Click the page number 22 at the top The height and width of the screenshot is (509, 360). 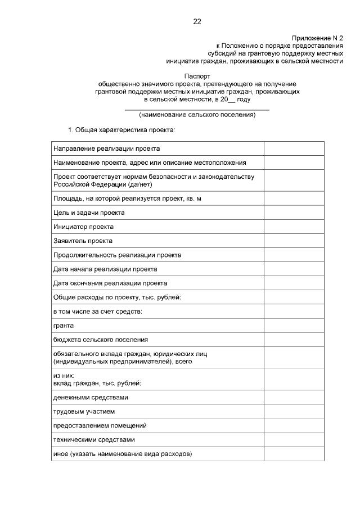coord(197,22)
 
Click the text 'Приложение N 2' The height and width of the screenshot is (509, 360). coord(317,35)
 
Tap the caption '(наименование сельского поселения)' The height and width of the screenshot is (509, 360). coord(197,115)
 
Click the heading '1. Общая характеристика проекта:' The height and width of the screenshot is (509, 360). coord(122,130)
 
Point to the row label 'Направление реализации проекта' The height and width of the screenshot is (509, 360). coord(106,148)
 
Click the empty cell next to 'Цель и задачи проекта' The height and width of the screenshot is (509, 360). coord(294,213)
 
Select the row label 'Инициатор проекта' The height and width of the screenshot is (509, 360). coord(83,227)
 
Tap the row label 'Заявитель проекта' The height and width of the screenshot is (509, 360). coord(83,241)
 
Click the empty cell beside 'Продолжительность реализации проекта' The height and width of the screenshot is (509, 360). coord(294,255)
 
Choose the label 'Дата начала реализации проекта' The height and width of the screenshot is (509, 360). coord(105,269)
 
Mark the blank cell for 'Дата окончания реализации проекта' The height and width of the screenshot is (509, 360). coord(294,283)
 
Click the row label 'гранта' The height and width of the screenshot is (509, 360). coord(64,325)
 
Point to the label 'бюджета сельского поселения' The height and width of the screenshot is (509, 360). coord(101,339)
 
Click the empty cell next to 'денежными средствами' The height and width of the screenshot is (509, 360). coord(294,397)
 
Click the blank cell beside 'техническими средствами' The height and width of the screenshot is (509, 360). coord(294,439)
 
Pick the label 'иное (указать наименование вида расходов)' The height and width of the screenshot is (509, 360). coord(122,453)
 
